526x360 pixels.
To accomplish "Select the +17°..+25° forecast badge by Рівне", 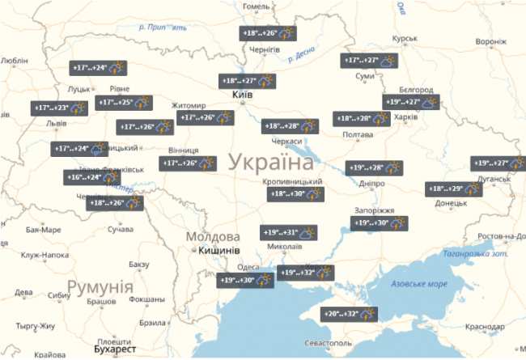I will (x=124, y=103).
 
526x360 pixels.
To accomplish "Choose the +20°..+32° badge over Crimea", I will (x=350, y=313).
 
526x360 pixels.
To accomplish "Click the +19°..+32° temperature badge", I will (x=305, y=273).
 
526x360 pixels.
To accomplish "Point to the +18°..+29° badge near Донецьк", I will (x=454, y=188).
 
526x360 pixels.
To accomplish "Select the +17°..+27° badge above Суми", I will (x=369, y=61).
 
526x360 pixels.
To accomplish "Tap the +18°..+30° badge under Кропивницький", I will (x=295, y=194).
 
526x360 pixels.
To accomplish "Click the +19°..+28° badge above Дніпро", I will (x=374, y=168).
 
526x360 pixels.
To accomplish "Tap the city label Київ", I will (x=243, y=95).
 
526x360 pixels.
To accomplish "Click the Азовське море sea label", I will (x=418, y=284).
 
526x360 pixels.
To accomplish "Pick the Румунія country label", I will (x=100, y=286).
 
